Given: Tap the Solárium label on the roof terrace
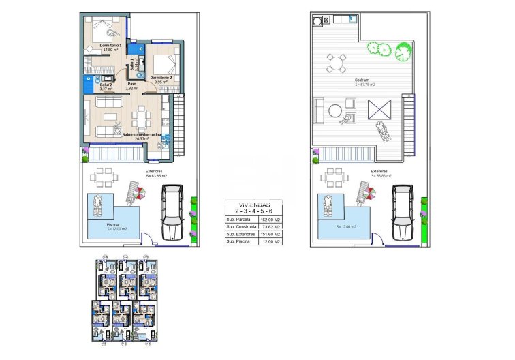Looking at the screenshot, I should pyautogui.click(x=362, y=81).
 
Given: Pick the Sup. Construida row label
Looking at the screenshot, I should pyautogui.click(x=240, y=227).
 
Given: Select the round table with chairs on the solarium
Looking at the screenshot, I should pyautogui.click(x=335, y=64).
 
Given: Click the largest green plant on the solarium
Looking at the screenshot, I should pyautogui.click(x=403, y=51).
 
